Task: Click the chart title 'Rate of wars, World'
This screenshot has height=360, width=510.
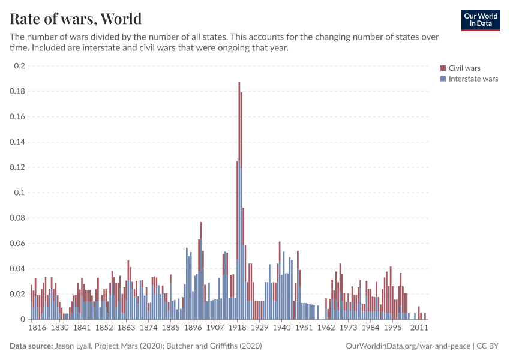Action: [76, 18]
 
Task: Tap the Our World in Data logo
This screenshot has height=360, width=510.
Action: [480, 20]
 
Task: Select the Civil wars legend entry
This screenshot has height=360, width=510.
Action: [464, 68]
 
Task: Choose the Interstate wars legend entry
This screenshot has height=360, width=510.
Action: [473, 79]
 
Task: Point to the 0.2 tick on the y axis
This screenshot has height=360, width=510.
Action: [19, 66]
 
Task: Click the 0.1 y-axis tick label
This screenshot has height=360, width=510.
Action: [19, 193]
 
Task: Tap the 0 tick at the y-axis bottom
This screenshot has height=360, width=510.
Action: [22, 319]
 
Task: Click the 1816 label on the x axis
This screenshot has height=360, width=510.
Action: [37, 329]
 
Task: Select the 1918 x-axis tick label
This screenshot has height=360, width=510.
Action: [238, 329]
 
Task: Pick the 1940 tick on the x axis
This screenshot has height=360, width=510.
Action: [281, 329]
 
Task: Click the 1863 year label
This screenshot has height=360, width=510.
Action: [126, 329]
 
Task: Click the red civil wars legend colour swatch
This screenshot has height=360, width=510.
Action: [443, 68]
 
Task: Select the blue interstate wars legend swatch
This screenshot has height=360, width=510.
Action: [443, 79]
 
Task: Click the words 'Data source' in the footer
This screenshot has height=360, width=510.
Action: [31, 346]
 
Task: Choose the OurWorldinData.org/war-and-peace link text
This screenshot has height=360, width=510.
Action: [409, 346]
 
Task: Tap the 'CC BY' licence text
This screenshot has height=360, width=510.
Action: [489, 346]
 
